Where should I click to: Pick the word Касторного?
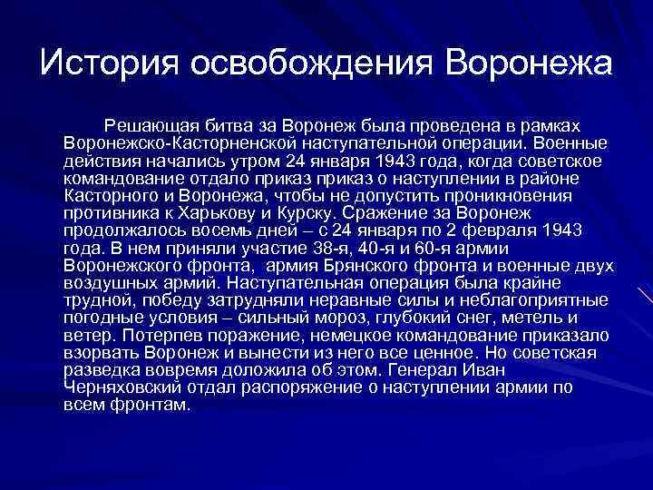pos(106,194)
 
